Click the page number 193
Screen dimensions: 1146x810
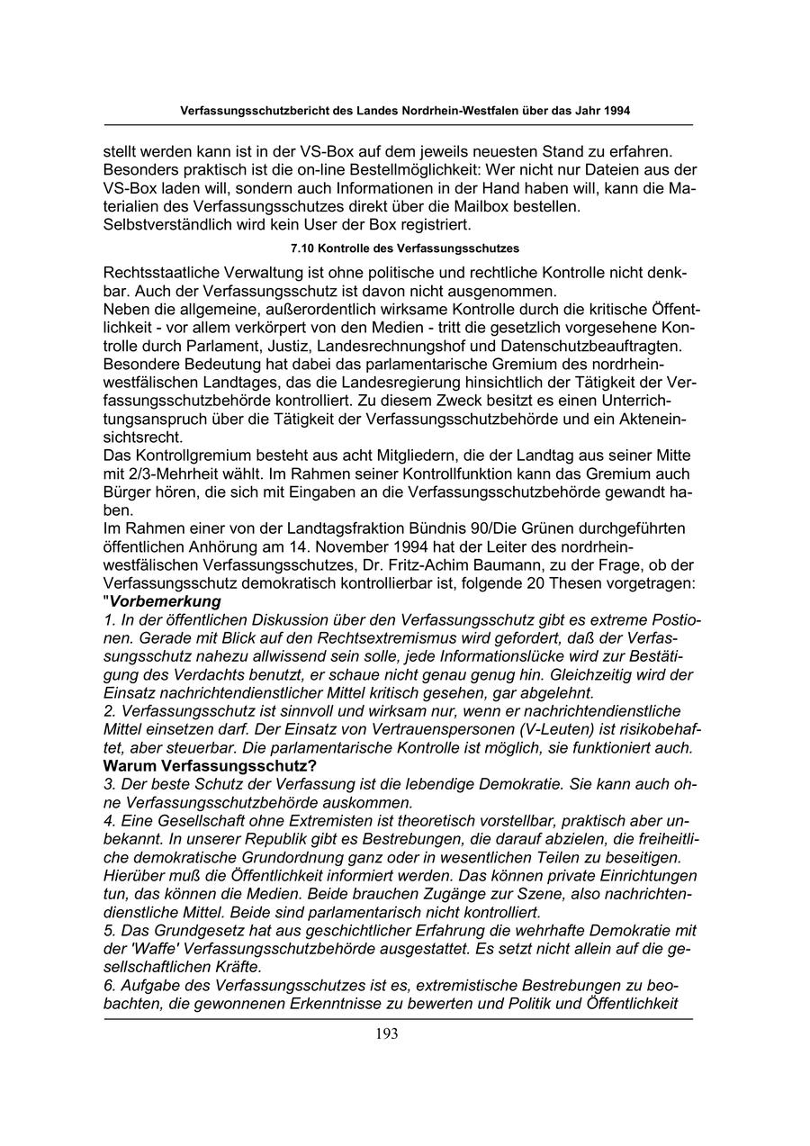pos(387,1033)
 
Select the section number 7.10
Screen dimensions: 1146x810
pos(304,247)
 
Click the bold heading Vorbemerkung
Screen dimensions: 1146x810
pos(166,601)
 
